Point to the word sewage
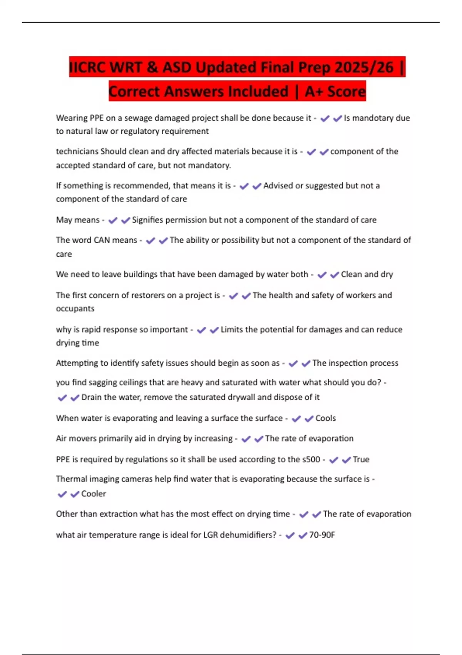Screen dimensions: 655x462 [138, 118]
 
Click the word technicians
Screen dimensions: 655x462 [77, 151]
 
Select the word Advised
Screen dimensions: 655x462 [278, 186]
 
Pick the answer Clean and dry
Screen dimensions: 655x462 [367, 274]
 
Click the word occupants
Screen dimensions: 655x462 [75, 309]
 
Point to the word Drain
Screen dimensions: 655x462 [92, 397]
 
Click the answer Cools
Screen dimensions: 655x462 [326, 418]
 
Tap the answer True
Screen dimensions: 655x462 [361, 460]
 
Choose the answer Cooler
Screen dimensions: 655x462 [94, 494]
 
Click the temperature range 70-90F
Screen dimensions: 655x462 [322, 535]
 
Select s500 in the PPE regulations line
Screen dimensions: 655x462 [311, 460]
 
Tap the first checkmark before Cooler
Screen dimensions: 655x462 [62, 494]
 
